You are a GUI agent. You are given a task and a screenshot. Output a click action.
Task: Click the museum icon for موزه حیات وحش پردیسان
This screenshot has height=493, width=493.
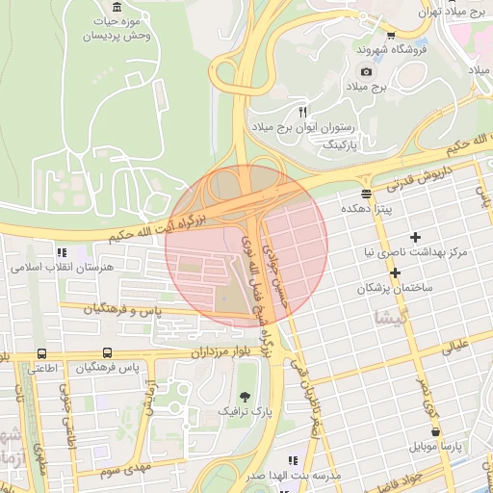click(117, 8)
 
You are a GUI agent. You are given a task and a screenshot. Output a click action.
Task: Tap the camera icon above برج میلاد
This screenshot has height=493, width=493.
click(366, 71)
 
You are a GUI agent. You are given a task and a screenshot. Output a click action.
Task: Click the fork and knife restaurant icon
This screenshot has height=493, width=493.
click(302, 112)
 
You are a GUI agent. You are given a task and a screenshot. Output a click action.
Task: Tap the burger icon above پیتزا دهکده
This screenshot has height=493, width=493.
click(366, 193)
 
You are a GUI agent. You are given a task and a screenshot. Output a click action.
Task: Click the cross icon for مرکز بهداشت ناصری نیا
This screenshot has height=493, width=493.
click(415, 237)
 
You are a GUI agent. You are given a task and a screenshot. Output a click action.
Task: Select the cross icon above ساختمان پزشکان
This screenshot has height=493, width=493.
click(395, 272)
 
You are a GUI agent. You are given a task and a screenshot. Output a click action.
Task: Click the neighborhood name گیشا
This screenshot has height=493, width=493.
click(397, 317)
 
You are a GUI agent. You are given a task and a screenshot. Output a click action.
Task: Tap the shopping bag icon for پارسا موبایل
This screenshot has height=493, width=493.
click(425, 432)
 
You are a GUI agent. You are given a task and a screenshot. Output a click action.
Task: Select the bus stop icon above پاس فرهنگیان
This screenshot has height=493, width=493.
click(106, 353)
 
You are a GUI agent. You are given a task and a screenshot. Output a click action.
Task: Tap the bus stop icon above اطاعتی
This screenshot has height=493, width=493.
click(41, 353)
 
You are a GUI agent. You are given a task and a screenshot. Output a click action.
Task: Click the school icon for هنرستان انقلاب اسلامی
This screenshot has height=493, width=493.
click(62, 251)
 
